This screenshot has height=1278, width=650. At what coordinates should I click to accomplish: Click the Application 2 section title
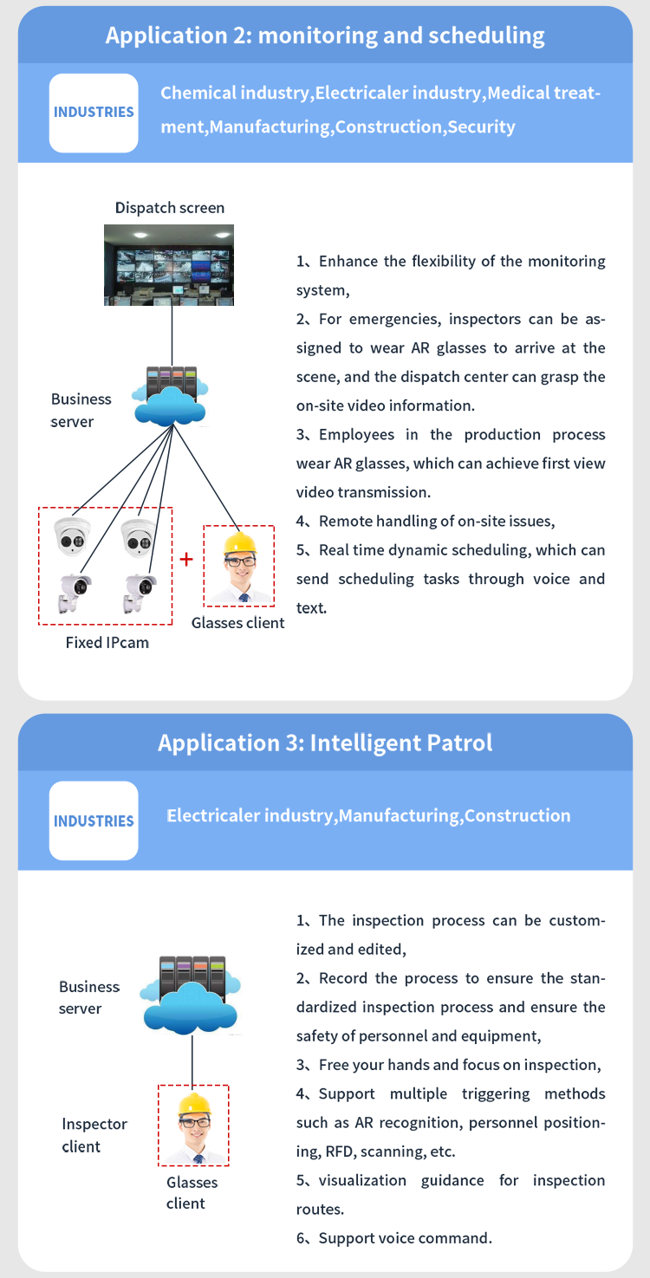tap(325, 36)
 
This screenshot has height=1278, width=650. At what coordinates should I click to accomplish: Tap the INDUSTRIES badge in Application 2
tap(94, 113)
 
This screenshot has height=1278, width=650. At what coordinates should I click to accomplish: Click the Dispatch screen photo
tap(169, 264)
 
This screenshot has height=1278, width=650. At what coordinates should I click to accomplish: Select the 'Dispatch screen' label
tap(169, 208)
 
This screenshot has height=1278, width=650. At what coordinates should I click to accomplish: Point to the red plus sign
tap(186, 559)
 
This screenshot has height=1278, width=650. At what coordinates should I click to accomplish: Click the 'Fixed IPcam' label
tap(107, 643)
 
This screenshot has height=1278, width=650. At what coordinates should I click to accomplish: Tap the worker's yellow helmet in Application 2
tap(239, 544)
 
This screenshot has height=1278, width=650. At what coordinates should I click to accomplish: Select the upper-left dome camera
tap(71, 536)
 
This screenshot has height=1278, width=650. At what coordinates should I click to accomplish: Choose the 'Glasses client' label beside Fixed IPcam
tap(237, 623)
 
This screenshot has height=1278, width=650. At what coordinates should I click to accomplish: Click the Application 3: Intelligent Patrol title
tap(325, 743)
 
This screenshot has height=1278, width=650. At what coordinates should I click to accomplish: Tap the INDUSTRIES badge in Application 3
tap(94, 821)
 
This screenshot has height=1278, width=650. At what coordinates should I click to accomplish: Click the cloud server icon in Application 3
tap(192, 996)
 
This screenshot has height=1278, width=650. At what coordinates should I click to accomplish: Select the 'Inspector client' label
tap(94, 1135)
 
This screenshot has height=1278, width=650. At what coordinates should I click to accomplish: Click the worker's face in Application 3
tap(193, 1128)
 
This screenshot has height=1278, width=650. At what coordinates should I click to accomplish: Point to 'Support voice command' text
tap(404, 1238)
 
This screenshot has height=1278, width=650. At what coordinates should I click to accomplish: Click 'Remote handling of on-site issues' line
tap(436, 522)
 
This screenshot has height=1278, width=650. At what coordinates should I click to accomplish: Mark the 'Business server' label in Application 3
tap(88, 997)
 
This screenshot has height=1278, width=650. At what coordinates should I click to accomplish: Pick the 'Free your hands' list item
tap(459, 1065)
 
